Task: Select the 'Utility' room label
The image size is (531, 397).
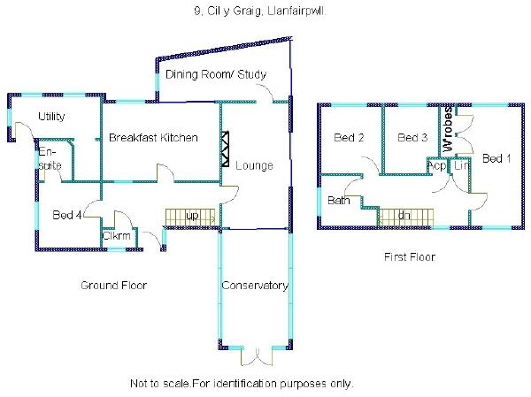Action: (x=52, y=117)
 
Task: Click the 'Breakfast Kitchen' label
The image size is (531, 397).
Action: (x=152, y=138)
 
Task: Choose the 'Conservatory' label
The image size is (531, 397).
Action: (x=254, y=286)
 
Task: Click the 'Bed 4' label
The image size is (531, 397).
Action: (x=67, y=215)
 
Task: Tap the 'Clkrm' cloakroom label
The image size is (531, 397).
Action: (x=117, y=236)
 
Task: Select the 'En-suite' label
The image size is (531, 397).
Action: (x=49, y=159)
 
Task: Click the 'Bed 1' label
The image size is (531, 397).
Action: (x=496, y=158)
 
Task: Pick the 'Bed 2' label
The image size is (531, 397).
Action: (x=349, y=138)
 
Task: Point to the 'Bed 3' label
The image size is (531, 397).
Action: (x=412, y=138)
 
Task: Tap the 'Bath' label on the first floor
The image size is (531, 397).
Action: (x=339, y=201)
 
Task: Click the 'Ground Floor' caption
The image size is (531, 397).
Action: (x=113, y=285)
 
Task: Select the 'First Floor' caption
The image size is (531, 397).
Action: (x=409, y=257)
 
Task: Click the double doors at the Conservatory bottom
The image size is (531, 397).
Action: (x=254, y=355)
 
